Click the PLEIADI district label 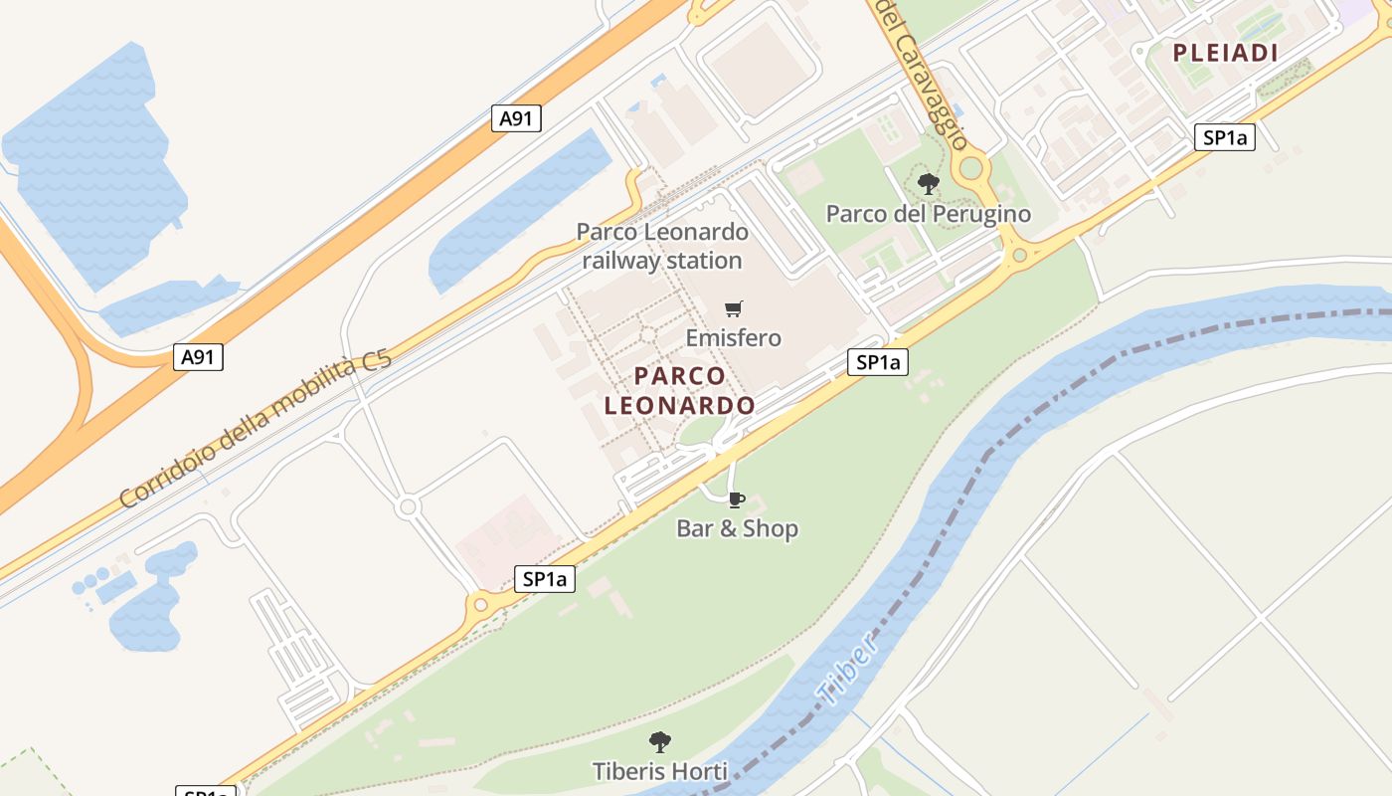1225,54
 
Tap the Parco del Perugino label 928,214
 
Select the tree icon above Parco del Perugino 929,184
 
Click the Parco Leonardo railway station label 662,246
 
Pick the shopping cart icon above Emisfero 734,309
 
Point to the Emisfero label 734,338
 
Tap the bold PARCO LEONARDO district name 680,391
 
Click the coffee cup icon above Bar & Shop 736,499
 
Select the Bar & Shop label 737,528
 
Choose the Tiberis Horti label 660,771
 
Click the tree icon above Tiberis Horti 660,742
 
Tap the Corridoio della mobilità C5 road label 256,430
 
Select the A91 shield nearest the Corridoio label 198,357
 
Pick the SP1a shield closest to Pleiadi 1224,138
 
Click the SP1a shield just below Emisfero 878,362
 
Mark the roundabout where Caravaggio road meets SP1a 1018,256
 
